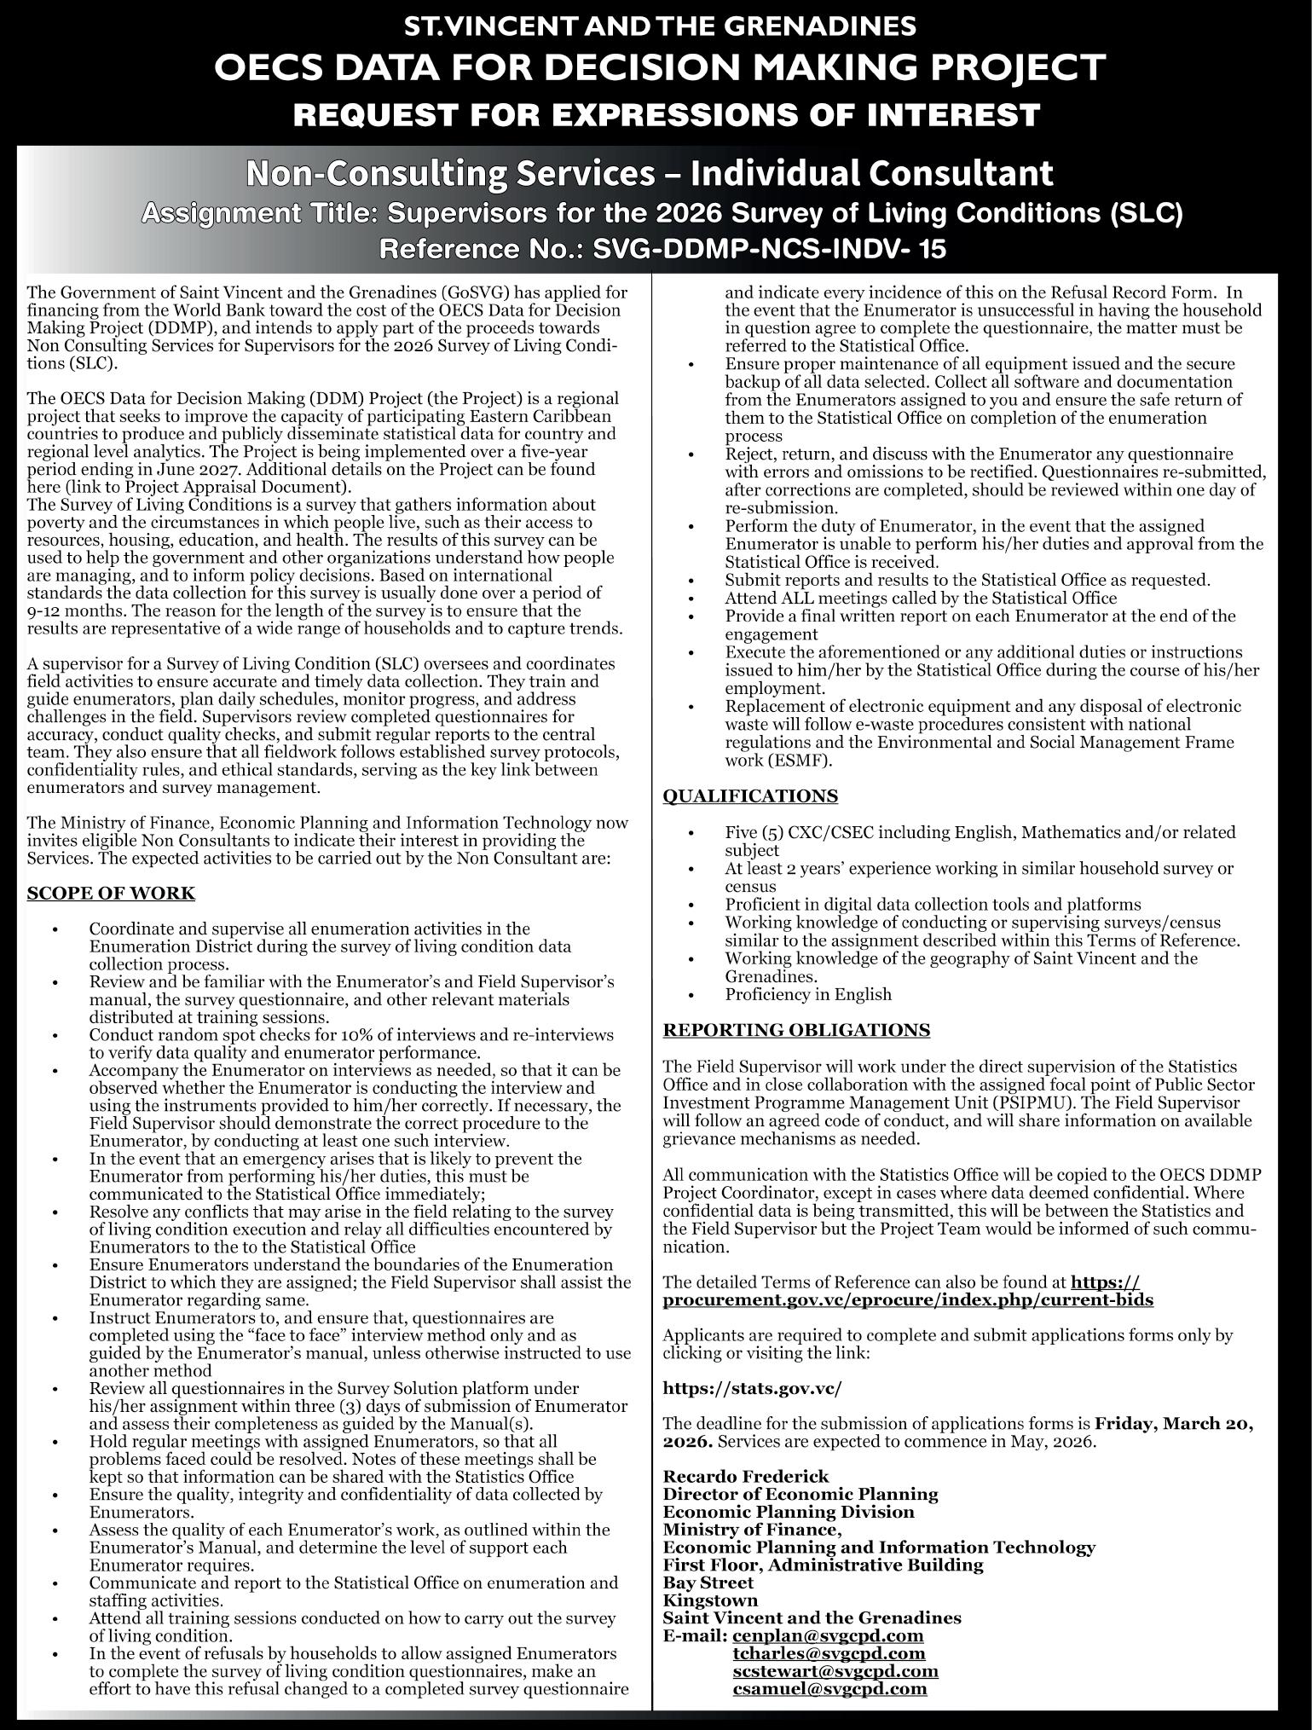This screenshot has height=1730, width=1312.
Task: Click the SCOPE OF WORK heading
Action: coord(111,894)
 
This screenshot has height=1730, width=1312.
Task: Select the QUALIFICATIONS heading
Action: coord(750,796)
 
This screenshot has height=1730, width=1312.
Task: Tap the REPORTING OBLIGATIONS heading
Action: coord(796,1030)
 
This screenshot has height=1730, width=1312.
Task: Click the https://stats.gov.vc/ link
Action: coord(752,1388)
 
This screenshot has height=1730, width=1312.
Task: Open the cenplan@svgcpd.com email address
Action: coord(828,1635)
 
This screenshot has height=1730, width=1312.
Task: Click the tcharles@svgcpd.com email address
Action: coord(829,1653)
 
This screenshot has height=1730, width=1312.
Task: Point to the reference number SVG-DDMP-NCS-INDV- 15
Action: coord(769,249)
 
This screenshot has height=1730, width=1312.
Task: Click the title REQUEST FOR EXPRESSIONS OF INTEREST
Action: coord(666,114)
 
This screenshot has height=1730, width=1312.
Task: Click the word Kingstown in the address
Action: coord(710,1600)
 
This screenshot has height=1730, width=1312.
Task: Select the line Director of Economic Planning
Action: coord(800,1494)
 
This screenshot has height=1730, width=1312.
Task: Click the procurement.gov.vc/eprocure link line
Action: coord(908,1300)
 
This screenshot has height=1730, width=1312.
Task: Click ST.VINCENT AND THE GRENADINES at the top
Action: coord(659,26)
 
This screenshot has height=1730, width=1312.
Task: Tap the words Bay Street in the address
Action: coord(708,1582)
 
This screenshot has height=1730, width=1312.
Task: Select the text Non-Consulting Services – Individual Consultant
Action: coord(650,174)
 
